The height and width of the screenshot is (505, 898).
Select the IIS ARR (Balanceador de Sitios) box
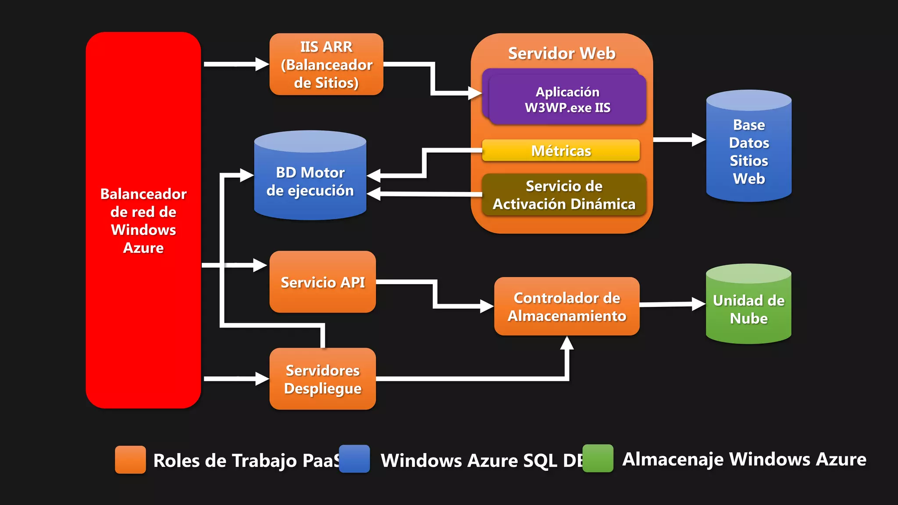click(x=326, y=64)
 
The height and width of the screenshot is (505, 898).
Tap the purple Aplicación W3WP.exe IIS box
click(x=567, y=100)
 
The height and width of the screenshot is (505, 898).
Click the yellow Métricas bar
click(x=561, y=150)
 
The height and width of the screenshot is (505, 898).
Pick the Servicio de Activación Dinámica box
click(x=564, y=195)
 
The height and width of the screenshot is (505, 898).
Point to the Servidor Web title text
click(x=562, y=53)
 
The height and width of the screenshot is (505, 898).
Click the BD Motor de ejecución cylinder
click(x=310, y=181)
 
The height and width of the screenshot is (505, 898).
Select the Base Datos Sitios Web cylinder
click(x=749, y=151)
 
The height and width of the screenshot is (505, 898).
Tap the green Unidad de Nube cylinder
click(x=748, y=309)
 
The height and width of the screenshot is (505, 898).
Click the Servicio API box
click(x=323, y=282)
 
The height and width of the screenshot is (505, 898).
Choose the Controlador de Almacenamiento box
click(x=567, y=306)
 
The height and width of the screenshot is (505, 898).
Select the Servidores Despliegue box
click(x=323, y=379)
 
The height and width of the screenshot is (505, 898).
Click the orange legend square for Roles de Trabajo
click(x=130, y=459)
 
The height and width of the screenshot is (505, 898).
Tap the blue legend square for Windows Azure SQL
click(x=354, y=459)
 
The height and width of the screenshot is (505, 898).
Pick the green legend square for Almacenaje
click(x=598, y=459)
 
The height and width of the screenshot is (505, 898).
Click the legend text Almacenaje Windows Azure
click(x=744, y=459)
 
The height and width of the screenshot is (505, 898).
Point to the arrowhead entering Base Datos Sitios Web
click(x=698, y=140)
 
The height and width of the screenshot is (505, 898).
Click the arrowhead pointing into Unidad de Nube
click(x=698, y=303)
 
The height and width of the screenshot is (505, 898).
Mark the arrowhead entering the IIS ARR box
click(x=262, y=64)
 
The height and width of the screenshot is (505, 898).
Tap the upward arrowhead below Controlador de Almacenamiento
click(x=567, y=343)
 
